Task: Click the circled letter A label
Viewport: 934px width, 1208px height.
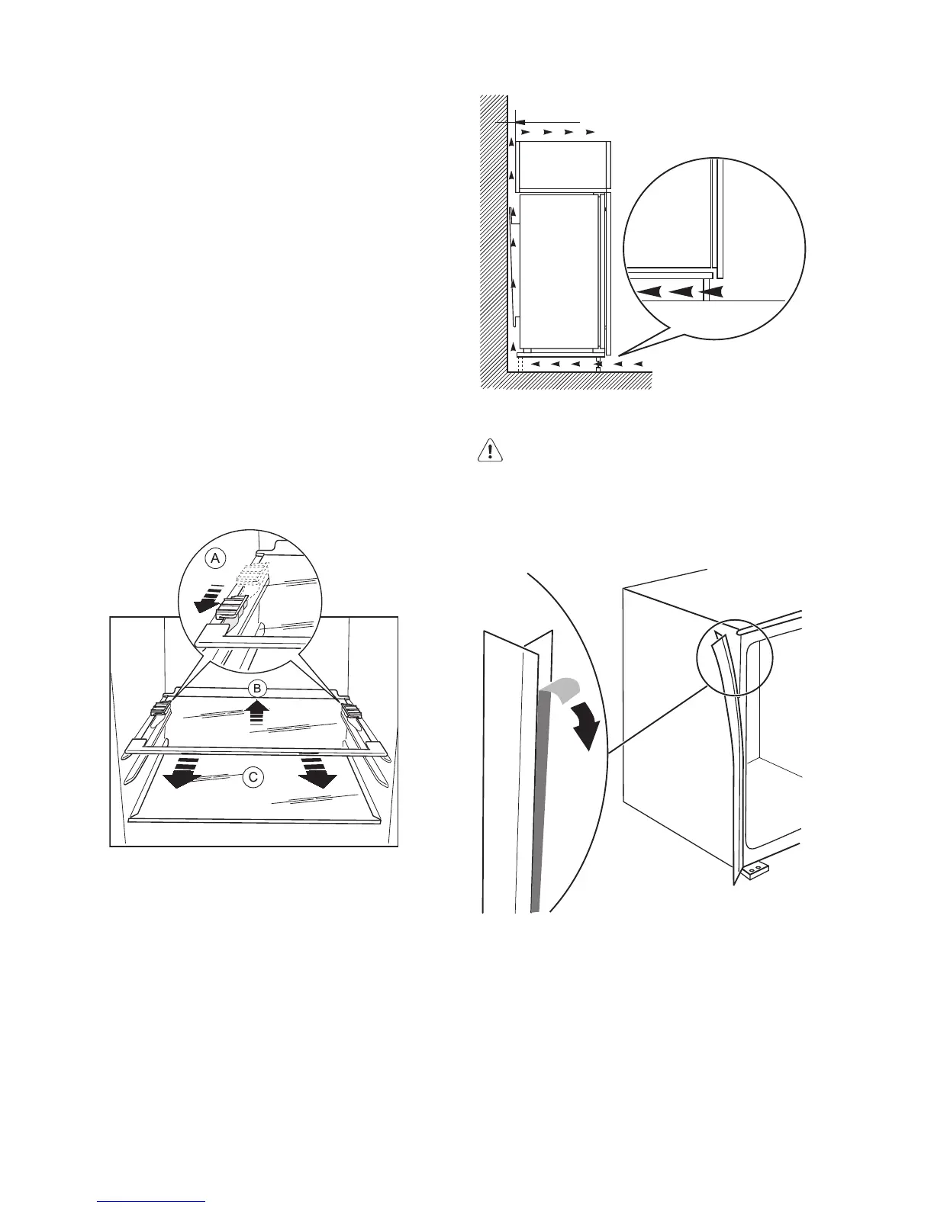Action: pos(216,559)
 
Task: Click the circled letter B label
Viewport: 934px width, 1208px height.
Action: pos(258,687)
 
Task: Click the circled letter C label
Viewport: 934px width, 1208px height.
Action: pos(253,777)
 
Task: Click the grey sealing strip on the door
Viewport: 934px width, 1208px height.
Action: pos(536,801)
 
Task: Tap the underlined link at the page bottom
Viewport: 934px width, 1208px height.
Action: pos(151,1200)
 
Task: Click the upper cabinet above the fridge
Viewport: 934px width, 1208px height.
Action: pos(562,165)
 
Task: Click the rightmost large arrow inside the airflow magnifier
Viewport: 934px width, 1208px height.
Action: pos(714,291)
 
